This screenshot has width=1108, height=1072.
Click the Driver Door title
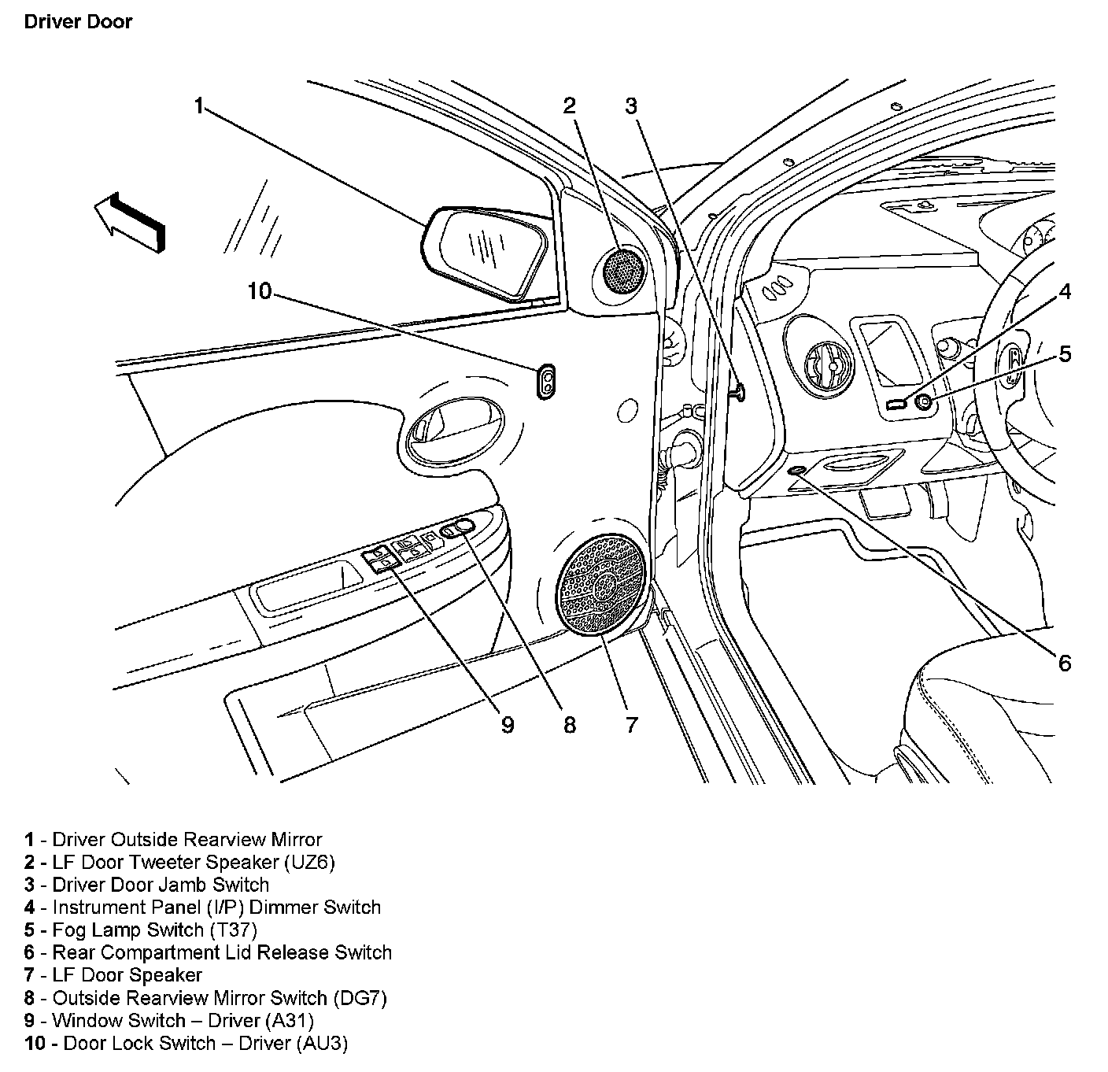coord(78,22)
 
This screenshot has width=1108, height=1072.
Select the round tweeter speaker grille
coord(623,271)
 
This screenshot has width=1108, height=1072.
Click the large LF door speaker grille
coord(603,585)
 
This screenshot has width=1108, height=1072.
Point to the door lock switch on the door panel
coord(547,381)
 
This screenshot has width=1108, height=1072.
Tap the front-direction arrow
coord(130,222)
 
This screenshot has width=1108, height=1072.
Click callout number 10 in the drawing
coord(260,291)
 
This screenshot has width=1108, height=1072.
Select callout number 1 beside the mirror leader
coord(199,105)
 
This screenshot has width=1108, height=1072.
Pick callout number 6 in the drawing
coord(1064,663)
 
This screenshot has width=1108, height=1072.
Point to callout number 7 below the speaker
coord(631,725)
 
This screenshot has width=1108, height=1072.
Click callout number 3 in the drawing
coord(631,106)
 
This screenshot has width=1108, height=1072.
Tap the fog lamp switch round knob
coord(924,402)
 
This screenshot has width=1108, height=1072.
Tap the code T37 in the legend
coord(234,930)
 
